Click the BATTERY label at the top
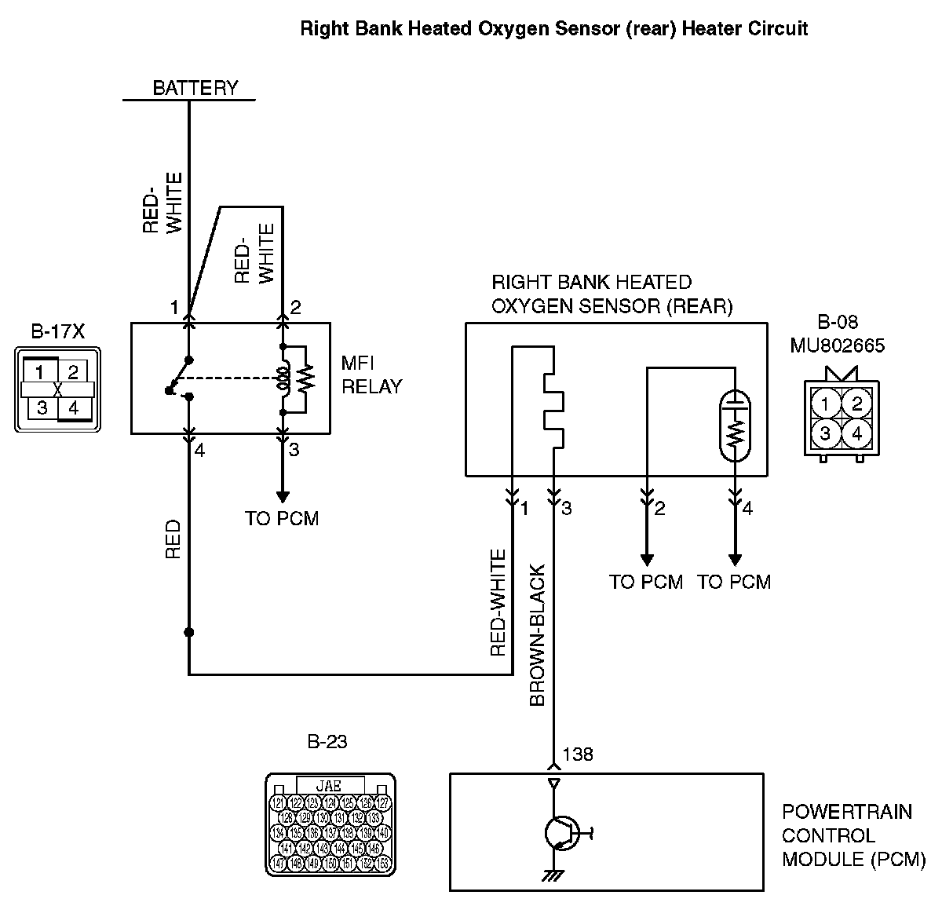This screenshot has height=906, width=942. click(x=195, y=87)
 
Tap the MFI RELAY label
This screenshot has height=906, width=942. click(x=371, y=374)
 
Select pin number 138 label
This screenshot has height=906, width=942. click(x=577, y=754)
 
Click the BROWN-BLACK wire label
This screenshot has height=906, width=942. click(x=538, y=636)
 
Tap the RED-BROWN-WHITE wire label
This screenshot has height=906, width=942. click(x=498, y=603)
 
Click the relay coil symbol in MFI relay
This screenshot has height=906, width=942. click(x=283, y=378)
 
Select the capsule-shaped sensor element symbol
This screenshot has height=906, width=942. click(x=736, y=423)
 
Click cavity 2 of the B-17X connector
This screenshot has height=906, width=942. click(x=72, y=371)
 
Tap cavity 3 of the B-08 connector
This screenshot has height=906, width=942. click(x=825, y=433)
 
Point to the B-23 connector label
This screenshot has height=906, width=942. click(x=327, y=741)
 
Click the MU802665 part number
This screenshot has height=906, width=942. click(x=837, y=345)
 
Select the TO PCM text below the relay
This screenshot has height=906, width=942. click(x=282, y=518)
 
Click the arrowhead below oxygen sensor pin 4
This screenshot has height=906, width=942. click(x=736, y=560)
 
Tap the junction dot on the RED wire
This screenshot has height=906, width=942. click(x=189, y=632)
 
